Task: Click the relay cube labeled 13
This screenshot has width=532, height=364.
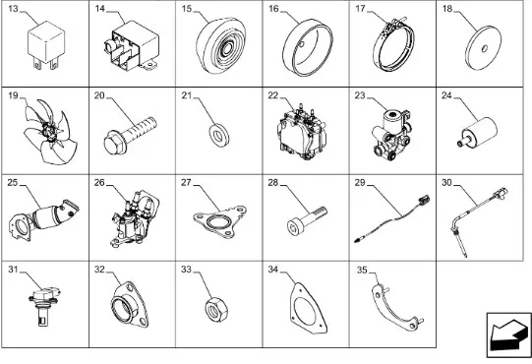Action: (x=46, y=44)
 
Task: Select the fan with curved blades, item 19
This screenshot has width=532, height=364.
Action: (x=50, y=132)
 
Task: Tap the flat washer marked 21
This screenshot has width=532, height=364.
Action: (x=219, y=136)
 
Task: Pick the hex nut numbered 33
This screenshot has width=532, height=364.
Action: (x=216, y=309)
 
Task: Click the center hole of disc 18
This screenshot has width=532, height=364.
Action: (x=484, y=49)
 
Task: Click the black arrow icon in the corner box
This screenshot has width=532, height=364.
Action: (x=509, y=335)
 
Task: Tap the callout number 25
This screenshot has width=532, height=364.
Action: (x=12, y=183)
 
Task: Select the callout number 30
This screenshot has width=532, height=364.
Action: (x=446, y=183)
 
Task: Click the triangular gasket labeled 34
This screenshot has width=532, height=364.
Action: (x=308, y=308)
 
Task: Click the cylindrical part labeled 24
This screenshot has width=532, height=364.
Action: (x=478, y=133)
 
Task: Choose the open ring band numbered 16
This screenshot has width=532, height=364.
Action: (x=308, y=46)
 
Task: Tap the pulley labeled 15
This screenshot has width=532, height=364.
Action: (x=220, y=45)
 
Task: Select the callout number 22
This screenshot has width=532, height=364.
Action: (x=272, y=95)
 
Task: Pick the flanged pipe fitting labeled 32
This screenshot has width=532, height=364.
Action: (x=130, y=304)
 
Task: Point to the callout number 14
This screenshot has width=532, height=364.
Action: (x=99, y=9)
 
